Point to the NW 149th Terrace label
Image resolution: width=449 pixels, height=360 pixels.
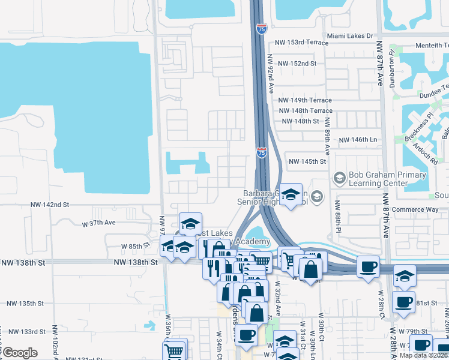306,100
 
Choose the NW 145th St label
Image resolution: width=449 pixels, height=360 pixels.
307,161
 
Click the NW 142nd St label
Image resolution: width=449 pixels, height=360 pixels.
50,205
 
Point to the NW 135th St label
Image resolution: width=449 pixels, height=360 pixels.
23,304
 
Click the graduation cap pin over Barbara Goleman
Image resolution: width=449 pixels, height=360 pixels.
291,195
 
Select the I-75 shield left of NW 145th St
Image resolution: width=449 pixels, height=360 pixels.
262,153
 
